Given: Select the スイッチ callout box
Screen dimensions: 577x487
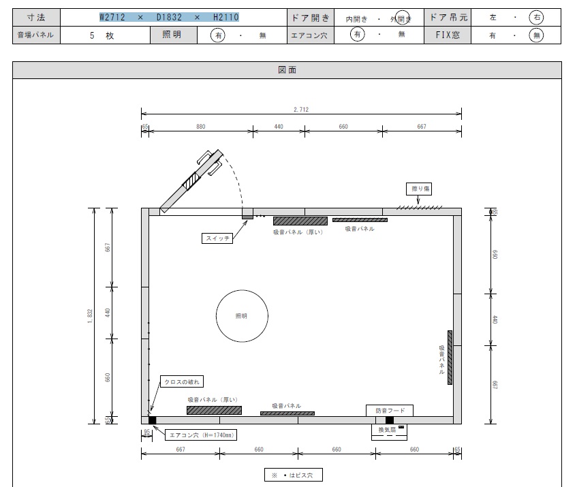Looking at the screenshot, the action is click(217, 238).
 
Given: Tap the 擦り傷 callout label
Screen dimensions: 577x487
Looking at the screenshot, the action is click(419, 189).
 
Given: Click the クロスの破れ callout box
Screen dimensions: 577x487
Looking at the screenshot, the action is click(182, 381).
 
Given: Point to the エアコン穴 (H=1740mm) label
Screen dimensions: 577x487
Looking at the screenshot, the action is click(201, 435).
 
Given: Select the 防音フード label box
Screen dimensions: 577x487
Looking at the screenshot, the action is click(390, 411).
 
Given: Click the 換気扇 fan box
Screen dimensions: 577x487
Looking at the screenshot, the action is click(390, 433).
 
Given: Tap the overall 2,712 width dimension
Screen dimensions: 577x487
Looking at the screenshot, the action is click(301, 110).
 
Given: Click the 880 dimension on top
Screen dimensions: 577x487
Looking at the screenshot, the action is click(200, 127).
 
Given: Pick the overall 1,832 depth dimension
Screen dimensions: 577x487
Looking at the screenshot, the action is click(90, 316).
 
